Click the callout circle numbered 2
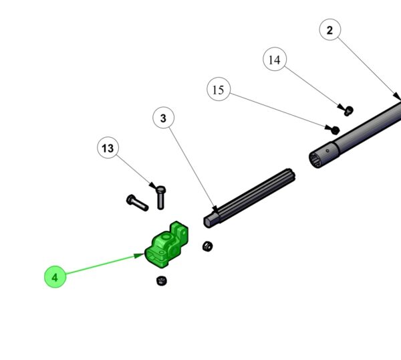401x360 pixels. [329, 30]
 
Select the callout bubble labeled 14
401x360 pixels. [275, 60]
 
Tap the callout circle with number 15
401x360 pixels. [218, 90]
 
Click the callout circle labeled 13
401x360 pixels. [108, 147]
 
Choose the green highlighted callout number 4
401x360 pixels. [55, 276]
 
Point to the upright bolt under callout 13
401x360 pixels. [160, 197]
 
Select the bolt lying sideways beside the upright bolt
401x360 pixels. [137, 202]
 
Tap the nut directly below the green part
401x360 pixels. [161, 280]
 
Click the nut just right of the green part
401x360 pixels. [208, 246]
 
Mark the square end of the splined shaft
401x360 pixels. [210, 218]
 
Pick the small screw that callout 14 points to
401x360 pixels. [348, 110]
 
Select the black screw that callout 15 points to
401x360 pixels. [336, 128]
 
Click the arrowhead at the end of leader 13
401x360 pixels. [155, 187]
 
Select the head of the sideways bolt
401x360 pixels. [130, 199]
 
